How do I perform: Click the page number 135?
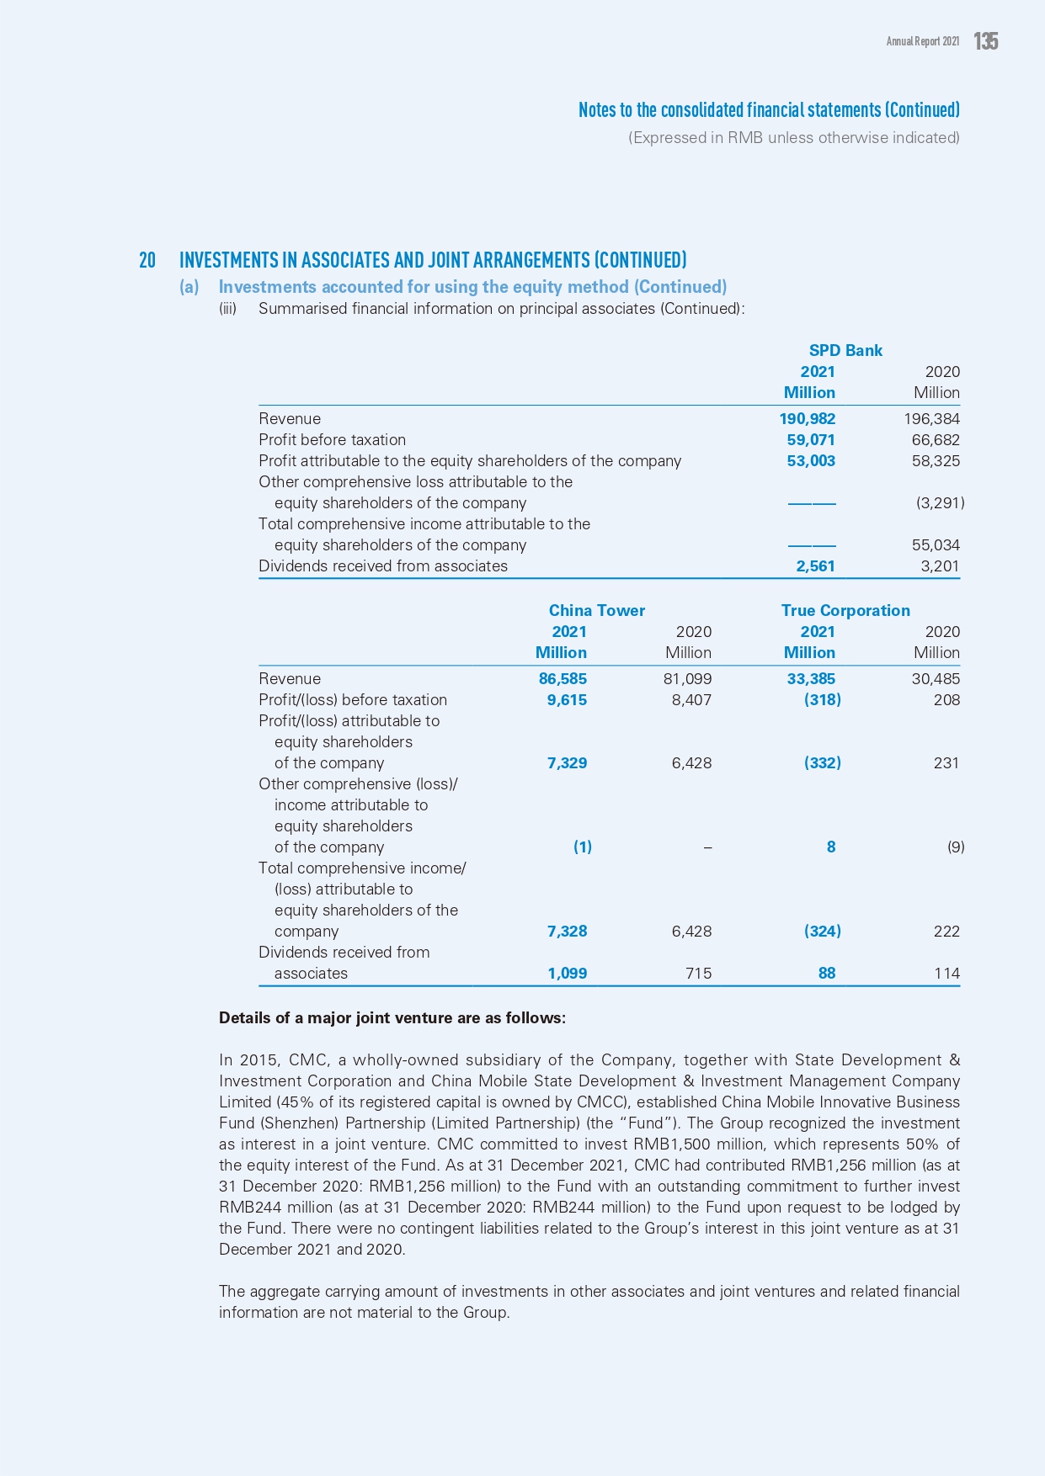point(986,41)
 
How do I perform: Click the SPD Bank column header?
point(845,351)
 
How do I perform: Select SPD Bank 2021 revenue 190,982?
point(807,419)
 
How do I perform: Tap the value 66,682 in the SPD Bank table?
point(936,440)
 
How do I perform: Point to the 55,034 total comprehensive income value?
point(936,545)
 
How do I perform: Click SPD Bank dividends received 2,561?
point(815,566)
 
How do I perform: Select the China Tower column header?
point(596,611)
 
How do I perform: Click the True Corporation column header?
point(845,611)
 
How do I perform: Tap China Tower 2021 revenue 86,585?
point(562,679)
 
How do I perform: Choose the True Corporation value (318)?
point(822,700)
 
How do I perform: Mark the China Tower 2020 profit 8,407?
point(691,700)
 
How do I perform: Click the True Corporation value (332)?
point(822,763)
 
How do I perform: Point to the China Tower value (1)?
point(582,847)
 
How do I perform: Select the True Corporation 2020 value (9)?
point(956,847)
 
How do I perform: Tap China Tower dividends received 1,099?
point(567,974)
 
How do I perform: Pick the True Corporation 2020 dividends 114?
point(946,974)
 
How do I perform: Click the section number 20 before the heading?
point(147,260)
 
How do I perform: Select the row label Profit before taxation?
point(332,440)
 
